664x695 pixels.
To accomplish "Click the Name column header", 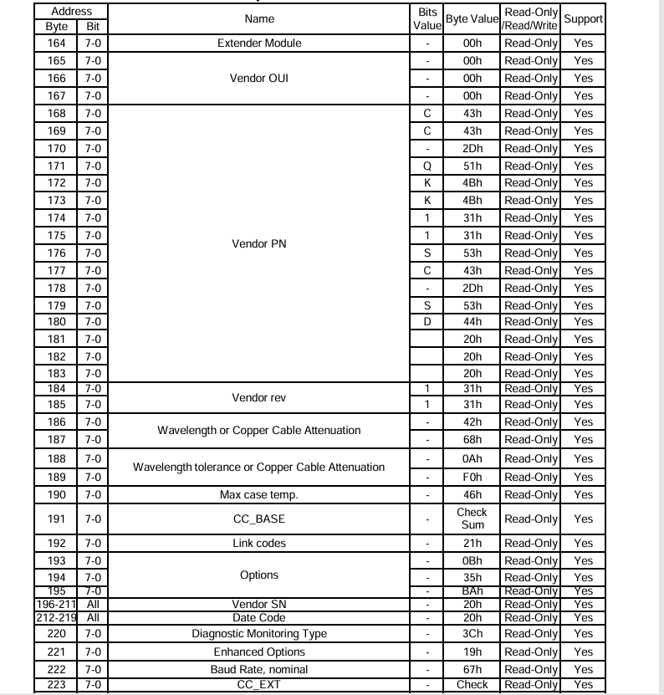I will pos(258,18).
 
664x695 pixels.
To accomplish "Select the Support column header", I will pos(583,18).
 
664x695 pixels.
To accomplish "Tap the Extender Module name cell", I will pos(258,43).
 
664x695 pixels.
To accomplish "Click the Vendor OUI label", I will pos(258,78).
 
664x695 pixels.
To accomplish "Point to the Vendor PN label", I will pos(258,244).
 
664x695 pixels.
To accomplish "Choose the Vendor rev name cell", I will pos(258,397).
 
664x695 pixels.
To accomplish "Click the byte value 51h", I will pos(472,166).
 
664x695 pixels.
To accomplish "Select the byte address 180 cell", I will pos(56,322).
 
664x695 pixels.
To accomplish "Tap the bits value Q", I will pos(427,166).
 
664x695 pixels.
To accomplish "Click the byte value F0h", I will pos(472,477).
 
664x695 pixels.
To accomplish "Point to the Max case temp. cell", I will pos(258,494).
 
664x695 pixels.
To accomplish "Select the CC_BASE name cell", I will pos(258,519).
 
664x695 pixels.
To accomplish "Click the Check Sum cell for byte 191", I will pos(472,519).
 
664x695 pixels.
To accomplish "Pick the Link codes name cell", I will pos(258,544).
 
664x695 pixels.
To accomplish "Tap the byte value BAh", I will pos(472,590).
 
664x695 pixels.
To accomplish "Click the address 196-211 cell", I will pos(56,604).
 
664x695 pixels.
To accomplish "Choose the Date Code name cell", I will pos(258,617).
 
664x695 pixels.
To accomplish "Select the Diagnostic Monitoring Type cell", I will pos(258,634).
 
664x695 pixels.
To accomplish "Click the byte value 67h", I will pos(472,669).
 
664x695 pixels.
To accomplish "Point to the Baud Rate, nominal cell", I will pos(258,669).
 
